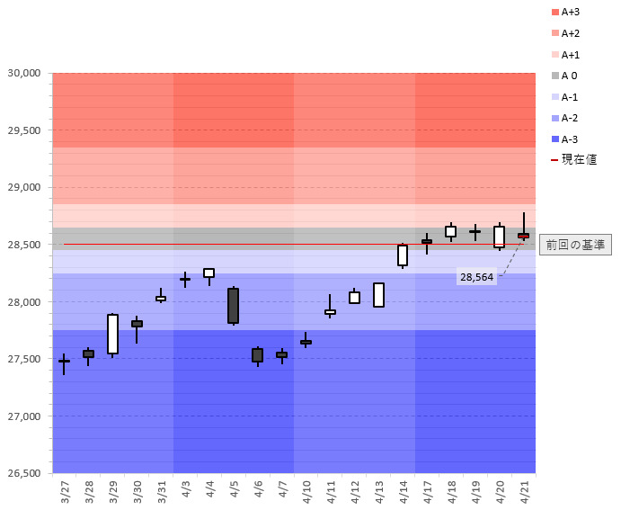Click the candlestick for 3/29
[112, 334]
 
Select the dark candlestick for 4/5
[233, 305]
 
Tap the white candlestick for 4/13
[378, 295]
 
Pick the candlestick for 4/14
[403, 255]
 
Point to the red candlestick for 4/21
[523, 236]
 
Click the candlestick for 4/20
[499, 237]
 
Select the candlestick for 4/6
[257, 354]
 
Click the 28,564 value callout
[477, 277]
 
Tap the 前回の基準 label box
[575, 245]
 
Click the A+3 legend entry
[570, 13]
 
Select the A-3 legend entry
[570, 139]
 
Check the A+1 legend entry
[570, 55]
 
